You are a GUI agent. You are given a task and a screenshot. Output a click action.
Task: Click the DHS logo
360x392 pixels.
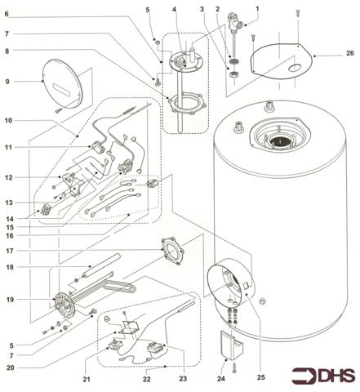point(323,376)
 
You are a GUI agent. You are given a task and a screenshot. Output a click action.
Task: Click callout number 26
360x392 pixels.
point(349,53)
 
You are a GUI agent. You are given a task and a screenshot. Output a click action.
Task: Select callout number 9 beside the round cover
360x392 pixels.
point(7,82)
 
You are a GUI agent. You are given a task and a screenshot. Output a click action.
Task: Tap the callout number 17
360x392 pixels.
point(10,251)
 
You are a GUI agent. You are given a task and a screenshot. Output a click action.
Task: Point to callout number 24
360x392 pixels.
point(221,378)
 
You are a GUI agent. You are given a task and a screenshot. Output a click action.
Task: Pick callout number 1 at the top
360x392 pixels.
point(257,9)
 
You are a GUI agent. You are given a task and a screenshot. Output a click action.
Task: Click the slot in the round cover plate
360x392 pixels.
point(63,89)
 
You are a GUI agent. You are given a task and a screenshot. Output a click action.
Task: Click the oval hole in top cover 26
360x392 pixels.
point(296,68)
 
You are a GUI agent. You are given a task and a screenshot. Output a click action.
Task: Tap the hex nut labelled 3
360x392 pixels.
point(234,74)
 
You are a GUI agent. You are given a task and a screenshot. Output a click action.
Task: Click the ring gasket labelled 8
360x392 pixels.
point(187,104)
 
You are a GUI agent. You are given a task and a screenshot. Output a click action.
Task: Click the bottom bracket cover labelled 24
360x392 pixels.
point(232,345)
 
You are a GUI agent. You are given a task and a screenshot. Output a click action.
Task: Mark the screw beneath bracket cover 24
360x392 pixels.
point(234,368)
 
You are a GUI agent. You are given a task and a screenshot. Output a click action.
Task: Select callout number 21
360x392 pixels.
point(87,379)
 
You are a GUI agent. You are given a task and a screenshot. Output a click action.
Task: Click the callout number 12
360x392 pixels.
point(9,177)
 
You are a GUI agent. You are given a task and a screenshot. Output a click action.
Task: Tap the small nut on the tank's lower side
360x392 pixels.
point(263,301)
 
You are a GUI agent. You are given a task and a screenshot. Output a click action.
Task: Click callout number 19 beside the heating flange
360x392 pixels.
point(10,300)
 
